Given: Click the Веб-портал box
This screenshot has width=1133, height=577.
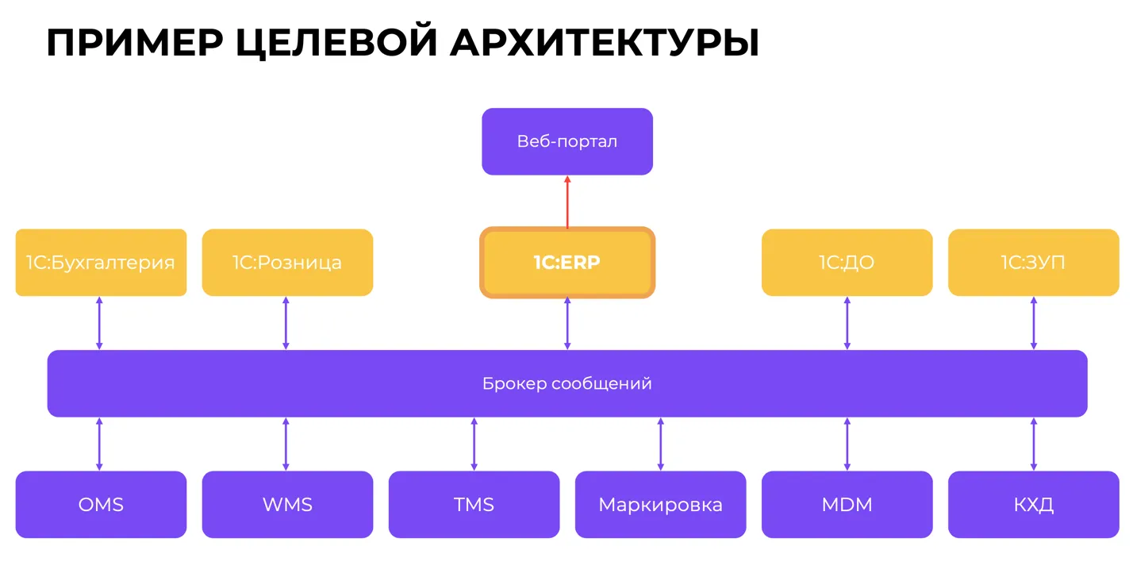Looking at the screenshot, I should pos(566,141).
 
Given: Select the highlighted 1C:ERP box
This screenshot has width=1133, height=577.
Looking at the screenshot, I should pos(566,263).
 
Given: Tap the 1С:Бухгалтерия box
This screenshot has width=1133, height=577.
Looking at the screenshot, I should pos(101,263).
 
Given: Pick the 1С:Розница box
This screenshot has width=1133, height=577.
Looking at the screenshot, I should pos(287,263).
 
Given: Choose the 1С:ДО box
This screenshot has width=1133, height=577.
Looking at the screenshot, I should pos(847,263).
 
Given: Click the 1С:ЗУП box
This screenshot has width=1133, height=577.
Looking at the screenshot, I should pos(1033,263).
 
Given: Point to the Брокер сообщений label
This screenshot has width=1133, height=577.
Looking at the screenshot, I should pos(566,384).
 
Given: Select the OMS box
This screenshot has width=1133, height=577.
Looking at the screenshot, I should pos(101,505).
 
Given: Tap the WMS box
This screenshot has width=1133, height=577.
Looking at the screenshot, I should pos(287,505).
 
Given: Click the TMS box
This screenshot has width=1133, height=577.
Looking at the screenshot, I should pos(474,505).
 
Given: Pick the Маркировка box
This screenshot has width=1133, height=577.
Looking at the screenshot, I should pos(660,505).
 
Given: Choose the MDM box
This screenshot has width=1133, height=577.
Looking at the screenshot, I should pos(847,505).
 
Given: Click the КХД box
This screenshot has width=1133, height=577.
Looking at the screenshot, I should pos(1033,505).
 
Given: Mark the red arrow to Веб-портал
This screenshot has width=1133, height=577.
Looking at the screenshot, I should pos(567,202).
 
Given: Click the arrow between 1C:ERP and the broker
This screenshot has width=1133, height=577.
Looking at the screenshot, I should pos(567,323).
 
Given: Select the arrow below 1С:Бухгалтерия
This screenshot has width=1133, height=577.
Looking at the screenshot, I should pos(99,323).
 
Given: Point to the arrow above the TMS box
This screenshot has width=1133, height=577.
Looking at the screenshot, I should pos(474,444).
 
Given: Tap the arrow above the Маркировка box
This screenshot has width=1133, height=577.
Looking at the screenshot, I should pos(660,444).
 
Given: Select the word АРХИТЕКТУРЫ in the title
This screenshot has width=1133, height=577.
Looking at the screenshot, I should pos(604,43).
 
